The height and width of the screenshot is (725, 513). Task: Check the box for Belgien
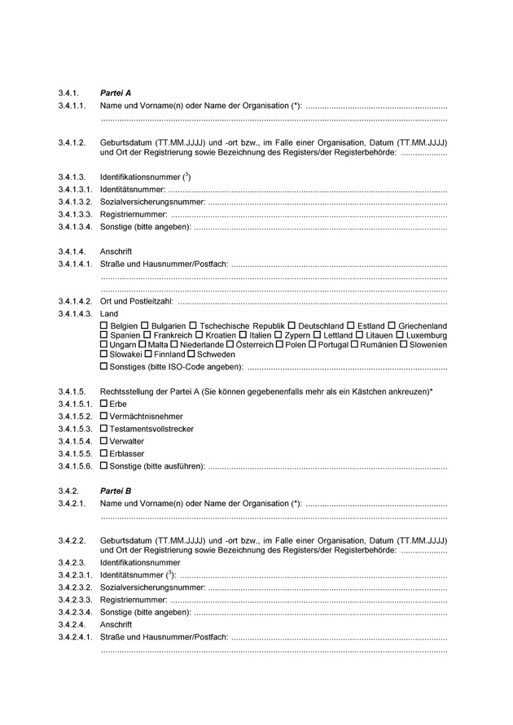coord(103,325)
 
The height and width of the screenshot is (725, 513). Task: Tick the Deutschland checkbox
coord(293,325)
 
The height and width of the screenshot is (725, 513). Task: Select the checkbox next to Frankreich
coord(147,335)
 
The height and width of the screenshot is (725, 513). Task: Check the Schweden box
coord(191,355)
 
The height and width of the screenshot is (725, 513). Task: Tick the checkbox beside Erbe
coord(103,404)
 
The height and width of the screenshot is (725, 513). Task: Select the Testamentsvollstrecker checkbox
coord(103,428)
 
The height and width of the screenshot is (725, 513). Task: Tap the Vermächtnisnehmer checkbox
coord(103,416)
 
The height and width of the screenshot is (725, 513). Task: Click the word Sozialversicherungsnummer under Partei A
coord(152,201)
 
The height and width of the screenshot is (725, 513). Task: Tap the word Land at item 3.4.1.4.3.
coord(109,313)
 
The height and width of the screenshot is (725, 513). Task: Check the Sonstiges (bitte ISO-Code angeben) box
coord(103,367)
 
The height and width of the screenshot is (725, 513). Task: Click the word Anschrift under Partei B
coord(116,625)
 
